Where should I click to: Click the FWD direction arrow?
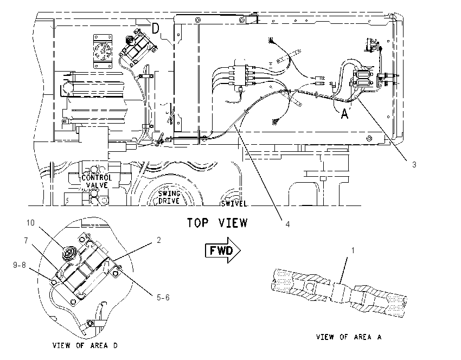click(222, 250)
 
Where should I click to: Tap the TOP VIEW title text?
click(217, 223)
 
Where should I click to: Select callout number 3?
click(414, 165)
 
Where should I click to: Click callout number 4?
click(287, 224)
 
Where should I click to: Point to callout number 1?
click(353, 250)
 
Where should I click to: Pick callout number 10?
click(30, 223)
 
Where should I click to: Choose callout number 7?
click(26, 241)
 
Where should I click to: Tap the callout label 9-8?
click(20, 265)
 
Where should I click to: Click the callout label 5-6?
click(163, 298)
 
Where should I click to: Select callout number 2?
click(159, 240)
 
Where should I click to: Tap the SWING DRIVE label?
click(169, 197)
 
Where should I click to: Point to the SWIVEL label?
click(234, 203)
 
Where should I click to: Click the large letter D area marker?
click(156, 29)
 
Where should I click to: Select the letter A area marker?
click(344, 113)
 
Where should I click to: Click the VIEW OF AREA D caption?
click(85, 345)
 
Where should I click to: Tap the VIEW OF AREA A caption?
click(349, 337)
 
